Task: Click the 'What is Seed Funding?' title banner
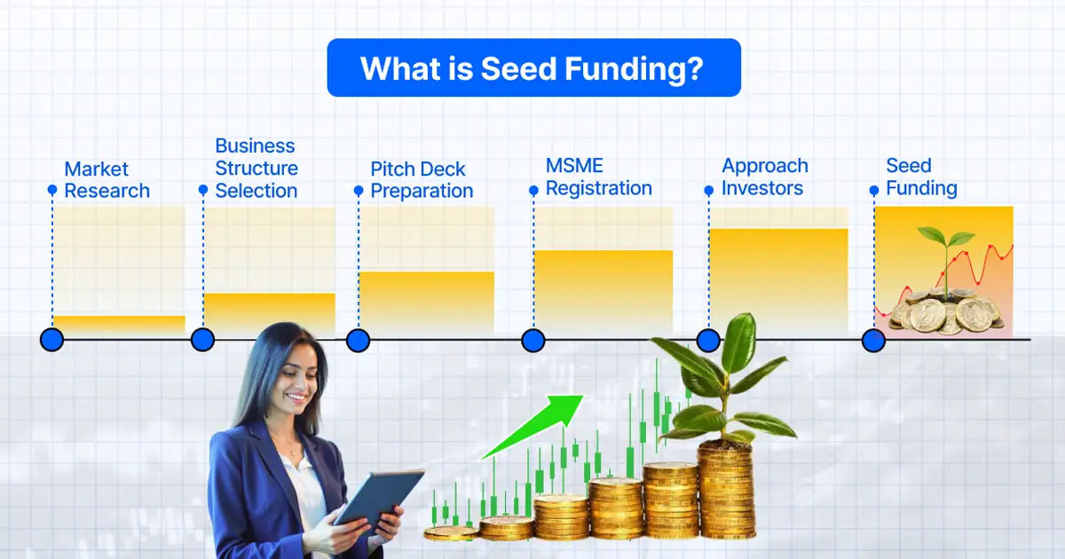533,67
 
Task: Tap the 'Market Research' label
106,180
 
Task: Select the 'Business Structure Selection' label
256,169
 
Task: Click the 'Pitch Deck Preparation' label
422,180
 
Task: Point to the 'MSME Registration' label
598,177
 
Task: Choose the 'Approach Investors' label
764,177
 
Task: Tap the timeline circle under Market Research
52,339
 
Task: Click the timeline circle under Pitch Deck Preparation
358,340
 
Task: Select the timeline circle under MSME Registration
532,340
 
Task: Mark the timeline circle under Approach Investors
708,340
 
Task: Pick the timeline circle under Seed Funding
874,340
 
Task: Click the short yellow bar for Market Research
119,324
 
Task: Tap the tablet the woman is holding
380,498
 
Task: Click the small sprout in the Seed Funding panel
944,253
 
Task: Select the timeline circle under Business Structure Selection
203,340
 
